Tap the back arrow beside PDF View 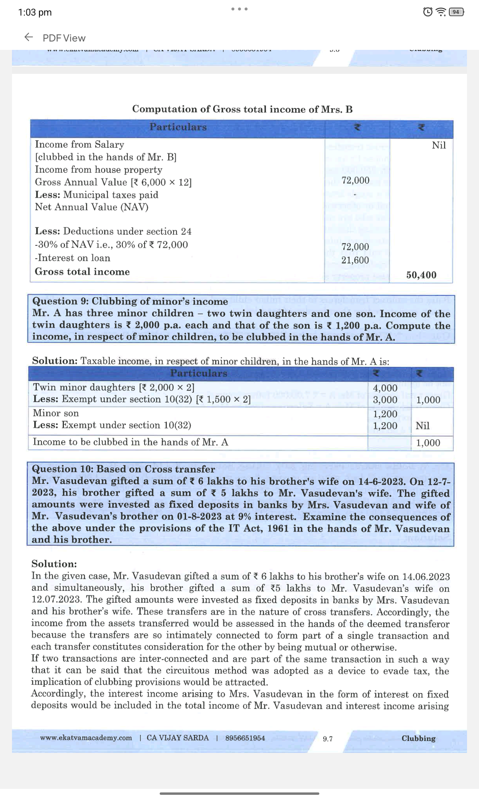pos(29,38)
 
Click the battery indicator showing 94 pos(456,12)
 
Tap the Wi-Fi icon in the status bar pos(441,12)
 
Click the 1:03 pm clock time pos(35,12)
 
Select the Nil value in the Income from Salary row pos(439,145)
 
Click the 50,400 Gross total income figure pos(421,275)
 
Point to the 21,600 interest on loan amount pos(355,260)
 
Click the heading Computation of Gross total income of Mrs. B pos(242,109)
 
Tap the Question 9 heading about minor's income pos(130,301)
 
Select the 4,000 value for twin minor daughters pos(385,388)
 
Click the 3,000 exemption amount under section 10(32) pos(385,399)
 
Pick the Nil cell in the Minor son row pos(422,426)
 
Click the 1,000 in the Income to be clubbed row pos(428,443)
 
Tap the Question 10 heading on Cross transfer pos(123,469)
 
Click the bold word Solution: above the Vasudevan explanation pos(54,564)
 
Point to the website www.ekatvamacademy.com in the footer pos(86,738)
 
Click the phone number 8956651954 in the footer pos(245,738)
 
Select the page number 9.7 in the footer pos(328,739)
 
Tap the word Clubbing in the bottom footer pos(418,738)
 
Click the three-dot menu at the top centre pos(239,9)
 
